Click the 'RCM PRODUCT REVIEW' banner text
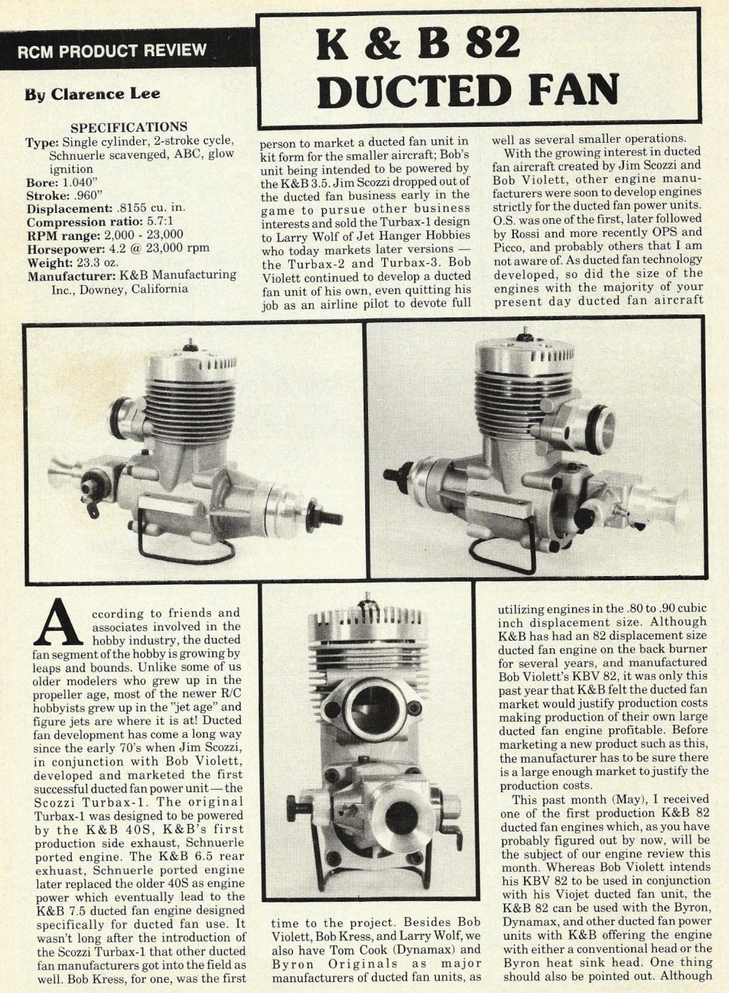[112, 51]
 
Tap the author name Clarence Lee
[106, 94]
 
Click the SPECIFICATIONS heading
[128, 128]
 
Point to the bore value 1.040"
[77, 183]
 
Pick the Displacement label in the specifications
[69, 209]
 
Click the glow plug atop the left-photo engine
[190, 344]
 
